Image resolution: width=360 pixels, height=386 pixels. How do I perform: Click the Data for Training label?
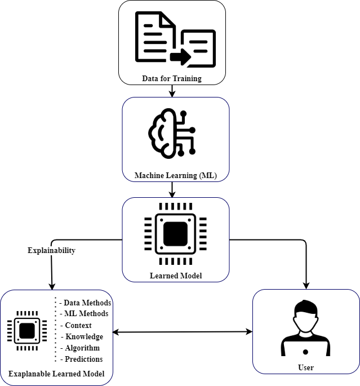[x=172, y=79]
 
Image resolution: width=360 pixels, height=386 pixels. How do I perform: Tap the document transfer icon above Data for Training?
[x=175, y=38]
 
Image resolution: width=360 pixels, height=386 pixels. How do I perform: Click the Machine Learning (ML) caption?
[x=175, y=176]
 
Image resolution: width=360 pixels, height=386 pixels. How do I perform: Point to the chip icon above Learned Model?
[x=176, y=233]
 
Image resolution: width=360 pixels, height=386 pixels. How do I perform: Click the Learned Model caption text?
[x=176, y=276]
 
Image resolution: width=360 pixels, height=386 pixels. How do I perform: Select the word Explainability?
[x=51, y=251]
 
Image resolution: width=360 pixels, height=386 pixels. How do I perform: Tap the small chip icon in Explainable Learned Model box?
[x=27, y=330]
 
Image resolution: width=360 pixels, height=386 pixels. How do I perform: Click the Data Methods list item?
[x=85, y=303]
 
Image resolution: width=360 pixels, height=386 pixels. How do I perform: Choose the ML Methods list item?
[x=85, y=314]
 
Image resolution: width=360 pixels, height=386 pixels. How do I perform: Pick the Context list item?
[x=77, y=325]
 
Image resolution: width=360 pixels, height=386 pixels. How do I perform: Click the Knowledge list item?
[x=82, y=336]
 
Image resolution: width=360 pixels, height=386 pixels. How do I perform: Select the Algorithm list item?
[x=81, y=348]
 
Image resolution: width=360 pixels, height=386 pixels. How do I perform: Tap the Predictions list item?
[x=82, y=359]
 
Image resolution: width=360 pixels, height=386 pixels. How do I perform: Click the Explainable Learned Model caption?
[x=56, y=374]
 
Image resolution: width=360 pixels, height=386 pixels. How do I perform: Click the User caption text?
[x=306, y=367]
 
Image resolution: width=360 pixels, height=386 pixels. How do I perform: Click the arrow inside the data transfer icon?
[x=181, y=56]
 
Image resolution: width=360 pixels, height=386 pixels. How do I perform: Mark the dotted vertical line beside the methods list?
[x=55, y=330]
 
